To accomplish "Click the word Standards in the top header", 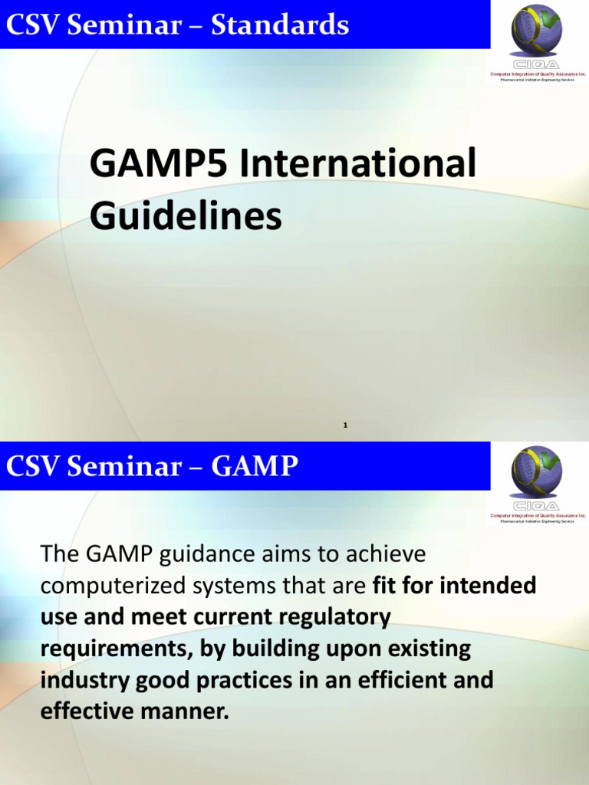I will point(280,26).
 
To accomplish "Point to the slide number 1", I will point(346,424).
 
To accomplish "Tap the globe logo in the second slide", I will point(537,472).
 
